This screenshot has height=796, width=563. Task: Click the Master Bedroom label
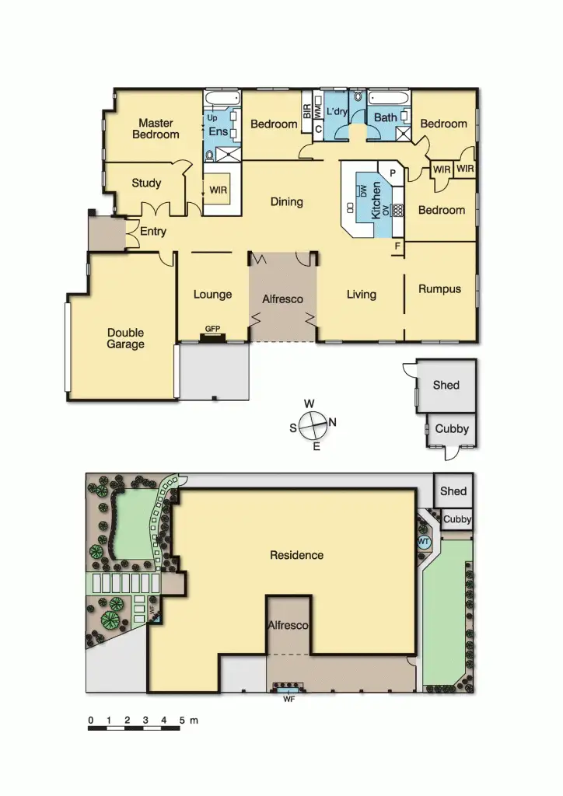(x=156, y=128)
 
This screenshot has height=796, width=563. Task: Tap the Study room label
(x=146, y=183)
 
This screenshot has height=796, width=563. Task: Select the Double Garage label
(x=126, y=339)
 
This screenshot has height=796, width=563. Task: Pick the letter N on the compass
(x=332, y=423)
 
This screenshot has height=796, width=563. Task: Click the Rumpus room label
(x=439, y=289)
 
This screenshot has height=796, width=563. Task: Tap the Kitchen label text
(x=376, y=200)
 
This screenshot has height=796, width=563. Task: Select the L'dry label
(x=337, y=112)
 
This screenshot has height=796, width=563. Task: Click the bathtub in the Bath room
(x=387, y=99)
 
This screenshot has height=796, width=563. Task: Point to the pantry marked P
(x=393, y=173)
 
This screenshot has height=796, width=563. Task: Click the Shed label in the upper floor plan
(x=446, y=385)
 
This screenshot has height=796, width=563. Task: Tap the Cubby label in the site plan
(x=457, y=519)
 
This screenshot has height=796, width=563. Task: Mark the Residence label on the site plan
(x=296, y=555)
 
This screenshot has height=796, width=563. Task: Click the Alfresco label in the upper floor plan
(x=282, y=299)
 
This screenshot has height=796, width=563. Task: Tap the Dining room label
(x=286, y=202)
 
